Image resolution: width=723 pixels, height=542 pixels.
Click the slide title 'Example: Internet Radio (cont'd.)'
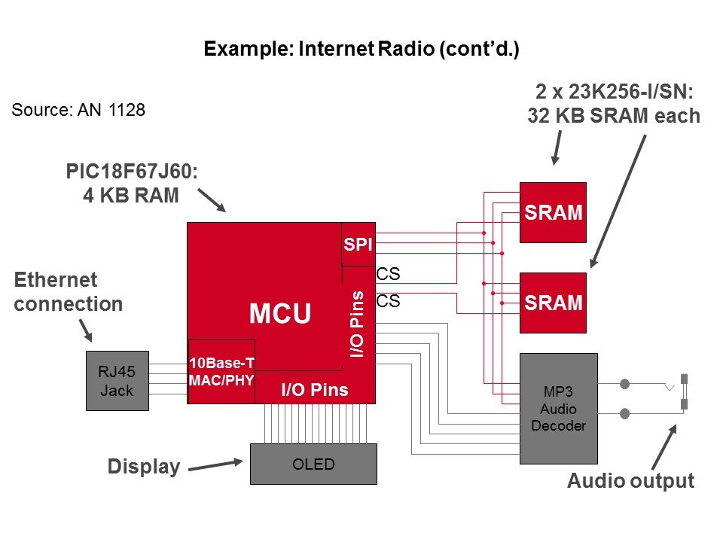361,50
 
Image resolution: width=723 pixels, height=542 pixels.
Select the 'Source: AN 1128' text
78,110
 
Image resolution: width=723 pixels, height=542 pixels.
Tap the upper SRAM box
553,212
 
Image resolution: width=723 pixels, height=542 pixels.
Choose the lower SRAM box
553,303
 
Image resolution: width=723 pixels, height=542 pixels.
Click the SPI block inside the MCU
358,245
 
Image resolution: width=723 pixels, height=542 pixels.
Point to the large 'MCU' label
280,314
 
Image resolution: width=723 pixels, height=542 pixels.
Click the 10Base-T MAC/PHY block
221,371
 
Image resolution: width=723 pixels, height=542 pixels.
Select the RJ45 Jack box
117,380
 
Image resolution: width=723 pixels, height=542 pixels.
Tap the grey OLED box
313,464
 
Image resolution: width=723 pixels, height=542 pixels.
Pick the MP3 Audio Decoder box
559,408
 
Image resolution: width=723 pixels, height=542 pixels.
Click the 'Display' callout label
144,467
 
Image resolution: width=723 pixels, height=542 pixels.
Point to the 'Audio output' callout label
630,481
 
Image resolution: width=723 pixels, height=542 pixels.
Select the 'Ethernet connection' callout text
68,292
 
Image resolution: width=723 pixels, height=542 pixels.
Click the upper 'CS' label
387,275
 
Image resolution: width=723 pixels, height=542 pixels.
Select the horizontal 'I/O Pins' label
315,390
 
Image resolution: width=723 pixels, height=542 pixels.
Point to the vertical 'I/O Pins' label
358,324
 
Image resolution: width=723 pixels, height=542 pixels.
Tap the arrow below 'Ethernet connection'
86,330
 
